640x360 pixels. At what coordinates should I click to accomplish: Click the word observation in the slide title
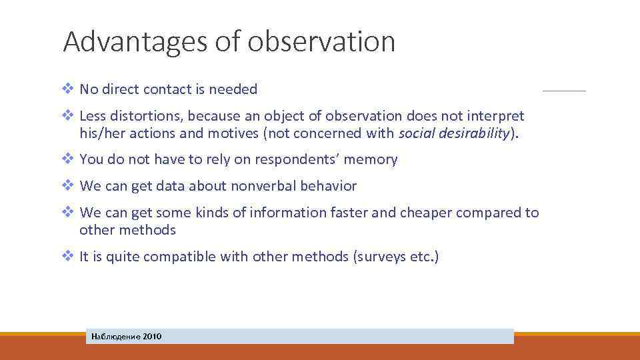(x=322, y=41)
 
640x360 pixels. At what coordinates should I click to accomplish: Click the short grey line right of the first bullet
(x=564, y=91)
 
